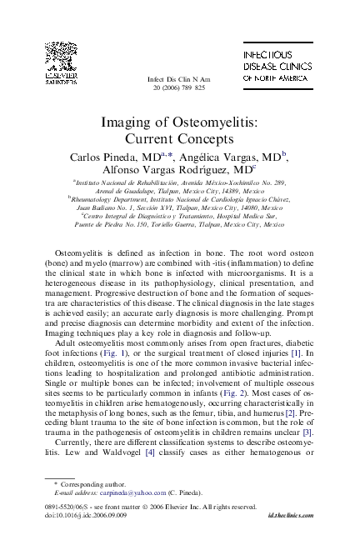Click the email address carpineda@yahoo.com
(x=122, y=493)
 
